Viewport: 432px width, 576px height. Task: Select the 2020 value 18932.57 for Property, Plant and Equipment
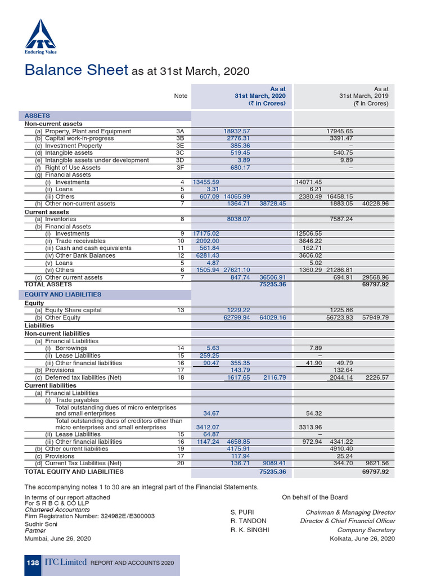[x=237, y=131]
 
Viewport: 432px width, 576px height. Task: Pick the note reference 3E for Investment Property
[x=180, y=146]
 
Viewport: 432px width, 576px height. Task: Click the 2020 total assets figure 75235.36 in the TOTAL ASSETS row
[x=272, y=285]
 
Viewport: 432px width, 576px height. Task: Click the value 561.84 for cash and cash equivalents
[x=205, y=248]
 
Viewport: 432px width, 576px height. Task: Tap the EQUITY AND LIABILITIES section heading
[x=63, y=294]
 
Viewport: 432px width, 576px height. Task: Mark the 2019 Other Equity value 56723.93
[x=339, y=317]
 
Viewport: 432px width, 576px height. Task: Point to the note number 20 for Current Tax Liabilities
[x=180, y=463]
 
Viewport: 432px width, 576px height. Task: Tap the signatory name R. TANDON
[x=249, y=521]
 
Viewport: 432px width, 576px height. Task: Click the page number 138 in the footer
[x=32, y=562]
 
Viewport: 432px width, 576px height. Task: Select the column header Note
[x=181, y=96]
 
